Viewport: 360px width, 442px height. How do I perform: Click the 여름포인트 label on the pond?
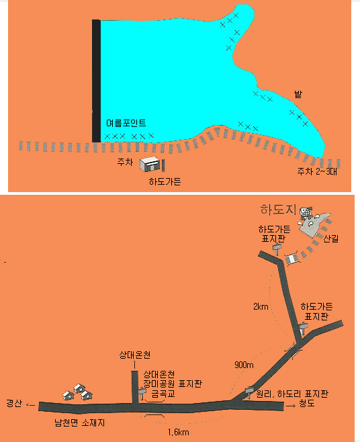click(x=126, y=123)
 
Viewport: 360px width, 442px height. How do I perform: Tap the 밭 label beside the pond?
click(x=298, y=94)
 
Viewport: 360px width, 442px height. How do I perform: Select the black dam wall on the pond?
click(x=96, y=81)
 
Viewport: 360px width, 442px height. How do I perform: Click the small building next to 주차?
click(x=150, y=164)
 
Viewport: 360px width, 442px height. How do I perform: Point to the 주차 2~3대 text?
click(x=317, y=171)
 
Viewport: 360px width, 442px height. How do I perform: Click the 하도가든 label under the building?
click(x=165, y=181)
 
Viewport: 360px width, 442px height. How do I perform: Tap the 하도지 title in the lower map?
click(x=278, y=210)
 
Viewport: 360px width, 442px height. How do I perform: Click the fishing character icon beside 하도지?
click(x=306, y=214)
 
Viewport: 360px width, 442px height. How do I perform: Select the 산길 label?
click(x=330, y=238)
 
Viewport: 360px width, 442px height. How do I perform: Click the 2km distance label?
click(x=261, y=306)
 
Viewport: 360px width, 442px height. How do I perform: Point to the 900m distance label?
click(x=244, y=365)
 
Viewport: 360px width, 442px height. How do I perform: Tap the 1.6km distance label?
click(x=179, y=432)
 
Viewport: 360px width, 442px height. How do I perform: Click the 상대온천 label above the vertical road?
click(x=135, y=355)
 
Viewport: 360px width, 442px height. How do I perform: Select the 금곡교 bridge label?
click(x=163, y=393)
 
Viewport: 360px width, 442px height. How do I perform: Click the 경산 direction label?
click(x=14, y=403)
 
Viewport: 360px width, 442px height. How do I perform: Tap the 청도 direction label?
click(x=307, y=404)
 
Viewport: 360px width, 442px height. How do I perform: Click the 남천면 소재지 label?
click(x=79, y=423)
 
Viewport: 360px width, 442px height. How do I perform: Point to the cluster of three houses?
click(x=77, y=392)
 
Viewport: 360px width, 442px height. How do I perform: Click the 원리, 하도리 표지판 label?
click(x=292, y=394)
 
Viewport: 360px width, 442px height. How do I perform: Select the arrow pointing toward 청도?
click(x=291, y=406)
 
